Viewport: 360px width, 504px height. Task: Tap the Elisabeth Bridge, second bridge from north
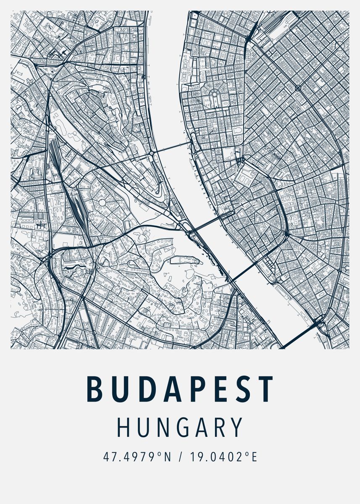pyautogui.click(x=210, y=221)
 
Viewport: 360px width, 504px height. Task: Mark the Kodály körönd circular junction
pyautogui.click(x=298, y=88)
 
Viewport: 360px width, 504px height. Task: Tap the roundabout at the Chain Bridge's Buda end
pyautogui.click(x=152, y=154)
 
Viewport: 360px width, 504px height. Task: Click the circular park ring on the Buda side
pyautogui.click(x=102, y=202)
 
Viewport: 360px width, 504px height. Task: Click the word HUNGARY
pyautogui.click(x=180, y=427)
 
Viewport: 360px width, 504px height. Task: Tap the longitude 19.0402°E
pyautogui.click(x=223, y=457)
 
